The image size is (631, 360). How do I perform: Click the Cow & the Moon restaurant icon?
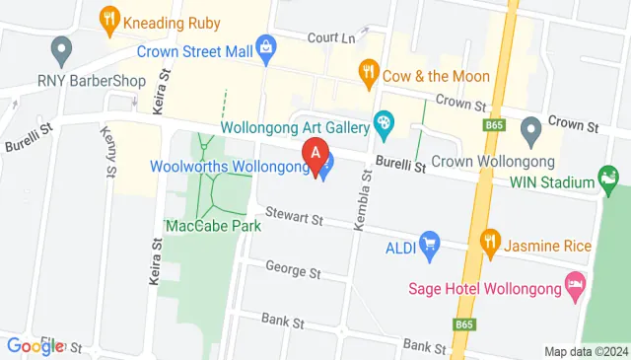coord(369,70)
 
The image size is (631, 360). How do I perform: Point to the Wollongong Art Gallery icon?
coord(384,125)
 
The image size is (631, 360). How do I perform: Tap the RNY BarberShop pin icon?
coord(62,47)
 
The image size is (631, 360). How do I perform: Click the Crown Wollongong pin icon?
coord(530,128)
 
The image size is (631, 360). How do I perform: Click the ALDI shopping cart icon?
coord(429,243)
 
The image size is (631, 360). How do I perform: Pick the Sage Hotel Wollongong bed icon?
coord(574,288)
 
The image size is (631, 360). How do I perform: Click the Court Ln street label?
coord(330,37)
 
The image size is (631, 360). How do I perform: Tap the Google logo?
coord(35,345)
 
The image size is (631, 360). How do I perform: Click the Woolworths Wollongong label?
coord(231,166)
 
